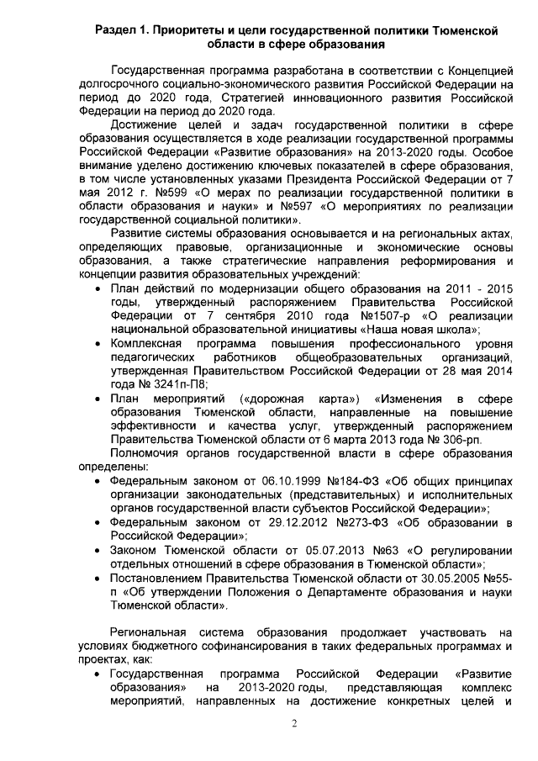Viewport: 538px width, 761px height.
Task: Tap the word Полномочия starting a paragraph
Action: coord(150,452)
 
